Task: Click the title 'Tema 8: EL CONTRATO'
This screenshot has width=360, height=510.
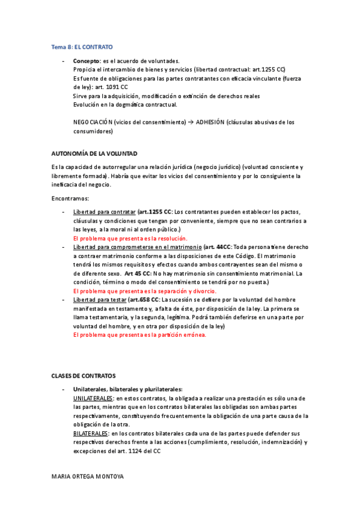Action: tap(82, 46)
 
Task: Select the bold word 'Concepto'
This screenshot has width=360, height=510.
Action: tap(86, 61)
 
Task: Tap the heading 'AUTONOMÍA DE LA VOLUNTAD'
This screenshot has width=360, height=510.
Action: tap(94, 153)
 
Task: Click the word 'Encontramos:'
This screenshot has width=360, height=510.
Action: tap(70, 198)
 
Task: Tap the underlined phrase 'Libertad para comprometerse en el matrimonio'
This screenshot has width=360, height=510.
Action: tap(137, 247)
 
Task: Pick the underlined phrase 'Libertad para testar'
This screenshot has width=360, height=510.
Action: tap(99, 300)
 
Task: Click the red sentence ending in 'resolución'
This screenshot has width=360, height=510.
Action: tap(130, 239)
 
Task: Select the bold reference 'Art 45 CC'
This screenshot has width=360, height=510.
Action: tap(138, 274)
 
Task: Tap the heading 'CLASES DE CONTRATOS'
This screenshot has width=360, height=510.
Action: tap(84, 375)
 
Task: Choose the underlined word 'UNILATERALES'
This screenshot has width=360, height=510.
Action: tap(93, 398)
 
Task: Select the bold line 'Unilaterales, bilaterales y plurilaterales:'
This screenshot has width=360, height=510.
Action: tap(127, 390)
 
